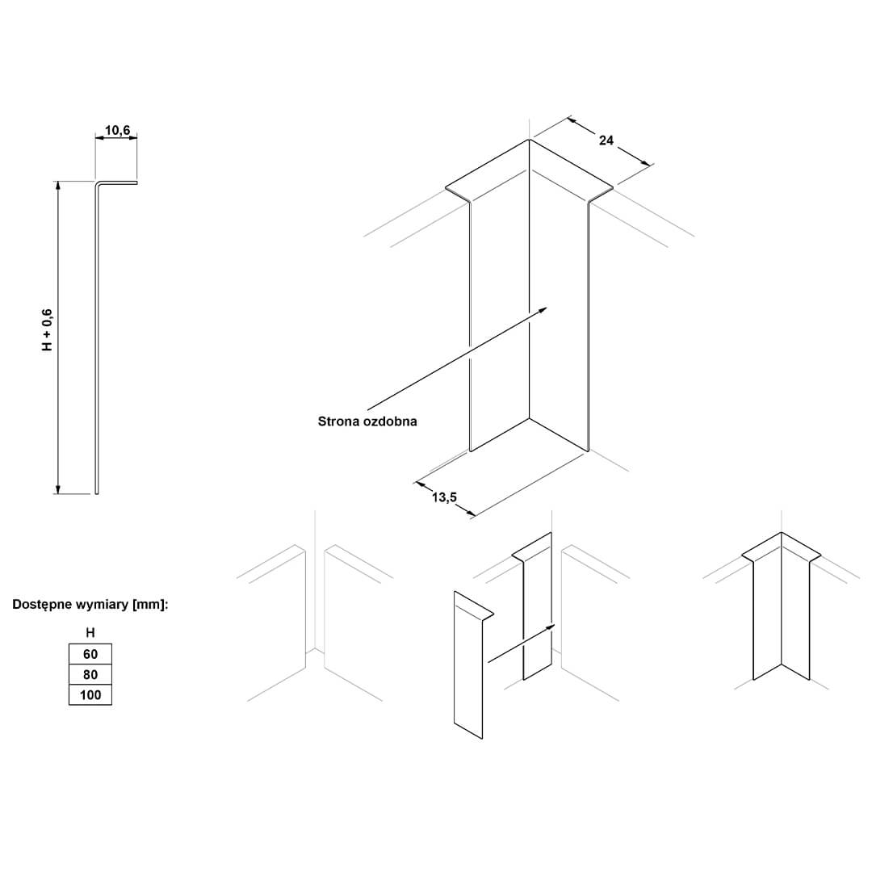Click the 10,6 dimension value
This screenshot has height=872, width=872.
coord(117,130)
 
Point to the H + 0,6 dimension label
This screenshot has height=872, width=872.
coord(48,329)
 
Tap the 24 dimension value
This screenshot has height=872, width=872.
coord(606,140)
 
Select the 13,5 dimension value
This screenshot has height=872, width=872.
coord(444,497)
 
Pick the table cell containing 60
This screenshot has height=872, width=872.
coord(90,654)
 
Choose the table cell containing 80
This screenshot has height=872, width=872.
coord(90,674)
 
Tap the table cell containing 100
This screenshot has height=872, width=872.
coord(90,695)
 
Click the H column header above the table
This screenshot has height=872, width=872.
coord(90,633)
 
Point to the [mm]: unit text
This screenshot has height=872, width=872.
coord(150,605)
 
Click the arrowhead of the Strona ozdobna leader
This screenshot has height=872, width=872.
coord(543,309)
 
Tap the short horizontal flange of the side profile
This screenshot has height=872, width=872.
coord(118,182)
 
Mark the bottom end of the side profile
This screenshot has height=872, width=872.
coord(97,493)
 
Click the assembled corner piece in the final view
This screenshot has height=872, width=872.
coord(782,606)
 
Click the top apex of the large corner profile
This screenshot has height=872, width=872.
coord(529,139)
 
